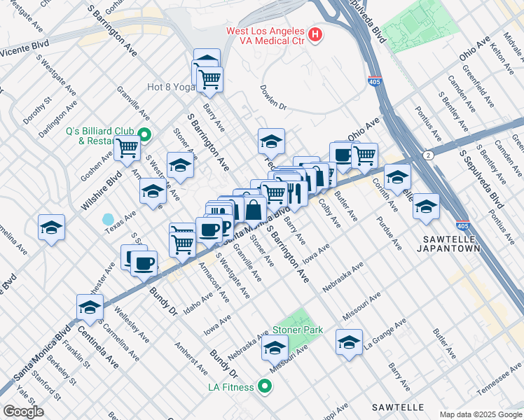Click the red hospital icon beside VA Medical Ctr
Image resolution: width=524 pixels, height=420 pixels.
pyautogui.click(x=315, y=34)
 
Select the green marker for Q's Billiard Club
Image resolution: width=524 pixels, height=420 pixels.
pyautogui.click(x=145, y=135)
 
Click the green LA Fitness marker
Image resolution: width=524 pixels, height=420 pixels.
pyautogui.click(x=265, y=386)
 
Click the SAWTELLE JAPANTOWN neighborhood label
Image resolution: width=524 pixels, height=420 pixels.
pyautogui.click(x=451, y=243)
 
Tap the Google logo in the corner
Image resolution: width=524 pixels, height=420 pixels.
pyautogui.click(x=23, y=411)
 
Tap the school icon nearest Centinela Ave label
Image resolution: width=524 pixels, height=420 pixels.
pyautogui.click(x=90, y=307)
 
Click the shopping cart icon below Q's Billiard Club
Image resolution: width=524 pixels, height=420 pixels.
pyautogui.click(x=127, y=148)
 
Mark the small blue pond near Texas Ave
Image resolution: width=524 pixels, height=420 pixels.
pyautogui.click(x=108, y=219)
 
